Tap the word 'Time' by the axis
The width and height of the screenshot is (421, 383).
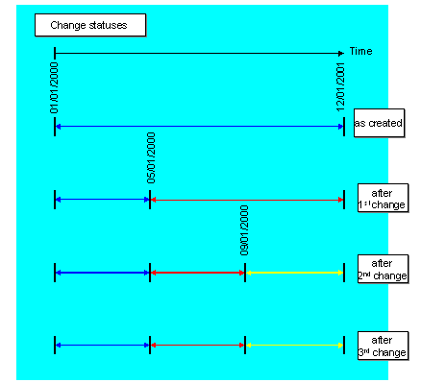[360, 51]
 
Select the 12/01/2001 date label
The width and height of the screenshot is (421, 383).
[341, 86]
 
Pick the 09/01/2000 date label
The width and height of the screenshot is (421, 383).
[245, 229]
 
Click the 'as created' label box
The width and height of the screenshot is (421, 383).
[378, 124]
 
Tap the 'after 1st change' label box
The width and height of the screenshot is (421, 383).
[381, 199]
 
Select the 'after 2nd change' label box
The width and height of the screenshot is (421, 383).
[382, 270]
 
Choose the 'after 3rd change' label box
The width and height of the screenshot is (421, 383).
[382, 346]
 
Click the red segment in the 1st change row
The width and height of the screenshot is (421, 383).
[246, 200]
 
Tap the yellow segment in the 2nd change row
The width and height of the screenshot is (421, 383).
[294, 273]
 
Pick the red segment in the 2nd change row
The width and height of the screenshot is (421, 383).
[198, 273]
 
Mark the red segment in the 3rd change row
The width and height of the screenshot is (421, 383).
[198, 345]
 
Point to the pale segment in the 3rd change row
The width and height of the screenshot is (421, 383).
[294, 345]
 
